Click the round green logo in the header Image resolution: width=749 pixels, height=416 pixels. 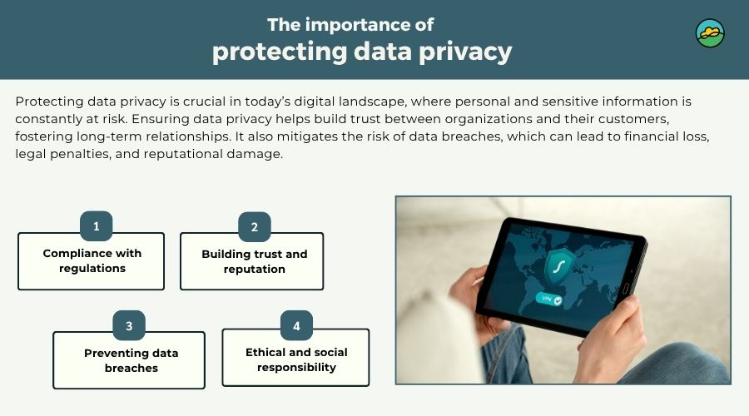pyautogui.click(x=710, y=33)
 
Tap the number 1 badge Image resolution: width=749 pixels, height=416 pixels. pyautogui.click(x=97, y=226)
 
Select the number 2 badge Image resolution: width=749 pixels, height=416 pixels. pyautogui.click(x=255, y=226)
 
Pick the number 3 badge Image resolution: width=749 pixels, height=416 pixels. pyautogui.click(x=129, y=325)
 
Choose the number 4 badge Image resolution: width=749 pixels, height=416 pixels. pyautogui.click(x=296, y=325)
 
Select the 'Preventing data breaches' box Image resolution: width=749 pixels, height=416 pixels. pyautogui.click(x=129, y=361)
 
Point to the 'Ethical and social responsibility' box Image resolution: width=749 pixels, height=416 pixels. pyautogui.click(x=295, y=359)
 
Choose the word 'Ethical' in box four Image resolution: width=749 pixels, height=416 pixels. pyautogui.click(x=268, y=352)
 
